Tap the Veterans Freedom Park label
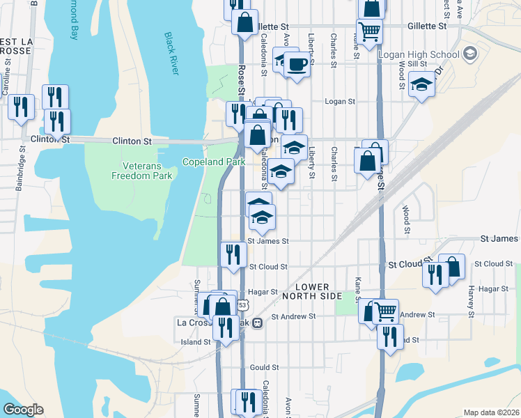pyautogui.click(x=142, y=171)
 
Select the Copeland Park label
pyautogui.click(x=214, y=162)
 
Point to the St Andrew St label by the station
pyautogui.click(x=294, y=316)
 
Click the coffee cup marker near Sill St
pyautogui.click(x=297, y=65)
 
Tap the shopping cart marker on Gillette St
pyautogui.click(x=369, y=30)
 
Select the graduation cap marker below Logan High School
pyautogui.click(x=421, y=84)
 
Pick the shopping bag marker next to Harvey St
pyautogui.click(x=451, y=266)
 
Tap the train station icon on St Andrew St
pyautogui.click(x=257, y=323)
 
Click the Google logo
pyautogui.click(x=23, y=410)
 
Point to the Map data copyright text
pyautogui.click(x=491, y=412)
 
